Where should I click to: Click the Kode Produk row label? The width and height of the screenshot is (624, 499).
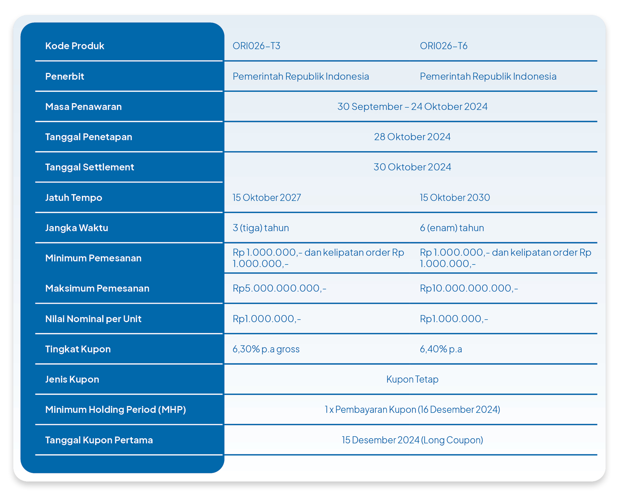75,46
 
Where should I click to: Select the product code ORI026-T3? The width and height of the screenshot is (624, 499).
256,46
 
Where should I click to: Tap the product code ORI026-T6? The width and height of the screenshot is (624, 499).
444,46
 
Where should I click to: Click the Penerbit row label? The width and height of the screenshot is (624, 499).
65,76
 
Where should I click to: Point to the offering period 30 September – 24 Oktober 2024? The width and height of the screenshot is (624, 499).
412,106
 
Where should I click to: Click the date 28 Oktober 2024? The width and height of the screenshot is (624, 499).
412,137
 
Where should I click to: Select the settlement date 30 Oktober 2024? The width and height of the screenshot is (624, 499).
412,167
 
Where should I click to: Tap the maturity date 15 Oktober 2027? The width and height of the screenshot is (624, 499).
267,197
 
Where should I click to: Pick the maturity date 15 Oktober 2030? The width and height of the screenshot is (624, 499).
455,197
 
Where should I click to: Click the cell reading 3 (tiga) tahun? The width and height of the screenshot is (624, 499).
261,228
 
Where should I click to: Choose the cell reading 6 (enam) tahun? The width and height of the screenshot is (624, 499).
452,228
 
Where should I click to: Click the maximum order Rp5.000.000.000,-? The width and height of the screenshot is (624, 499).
279,289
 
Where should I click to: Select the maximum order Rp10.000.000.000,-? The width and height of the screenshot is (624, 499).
469,289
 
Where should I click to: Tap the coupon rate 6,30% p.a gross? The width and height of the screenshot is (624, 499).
266,349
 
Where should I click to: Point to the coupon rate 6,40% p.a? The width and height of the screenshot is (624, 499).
441,349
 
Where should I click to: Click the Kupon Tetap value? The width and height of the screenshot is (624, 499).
412,380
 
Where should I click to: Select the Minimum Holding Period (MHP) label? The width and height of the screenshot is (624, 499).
115,409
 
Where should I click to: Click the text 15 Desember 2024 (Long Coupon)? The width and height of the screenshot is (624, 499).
412,440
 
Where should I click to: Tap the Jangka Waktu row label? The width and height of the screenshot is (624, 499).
77,228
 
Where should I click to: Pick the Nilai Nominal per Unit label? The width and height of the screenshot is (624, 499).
93,319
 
